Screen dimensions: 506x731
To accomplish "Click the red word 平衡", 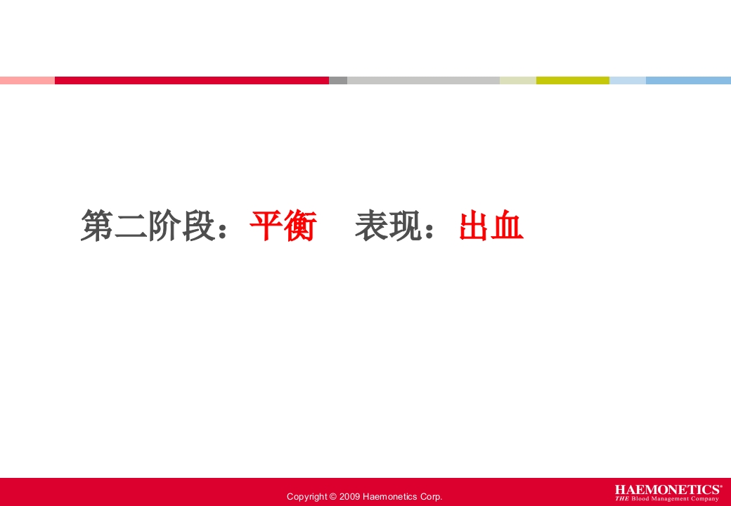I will [283, 226].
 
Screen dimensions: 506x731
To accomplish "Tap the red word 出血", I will [491, 226].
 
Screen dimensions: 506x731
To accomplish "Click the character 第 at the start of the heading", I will [97, 226].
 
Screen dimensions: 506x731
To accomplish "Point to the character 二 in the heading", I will [131, 226].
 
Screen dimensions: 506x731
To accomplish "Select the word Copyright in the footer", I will [306, 497].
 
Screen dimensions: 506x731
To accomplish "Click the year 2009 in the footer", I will [349, 497].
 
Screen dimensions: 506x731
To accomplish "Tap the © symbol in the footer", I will [332, 497].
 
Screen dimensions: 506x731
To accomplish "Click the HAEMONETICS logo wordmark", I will [668, 489].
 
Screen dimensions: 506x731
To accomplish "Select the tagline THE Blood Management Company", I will [667, 499].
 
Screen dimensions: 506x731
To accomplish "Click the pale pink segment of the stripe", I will [27, 80].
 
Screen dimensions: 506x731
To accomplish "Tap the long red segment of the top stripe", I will [191, 80].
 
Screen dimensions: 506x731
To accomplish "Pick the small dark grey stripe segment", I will [338, 80].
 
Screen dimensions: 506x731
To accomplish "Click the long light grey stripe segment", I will [423, 80].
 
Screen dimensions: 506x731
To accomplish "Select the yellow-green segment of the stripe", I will [572, 80].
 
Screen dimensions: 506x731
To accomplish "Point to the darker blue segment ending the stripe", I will [688, 80].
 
